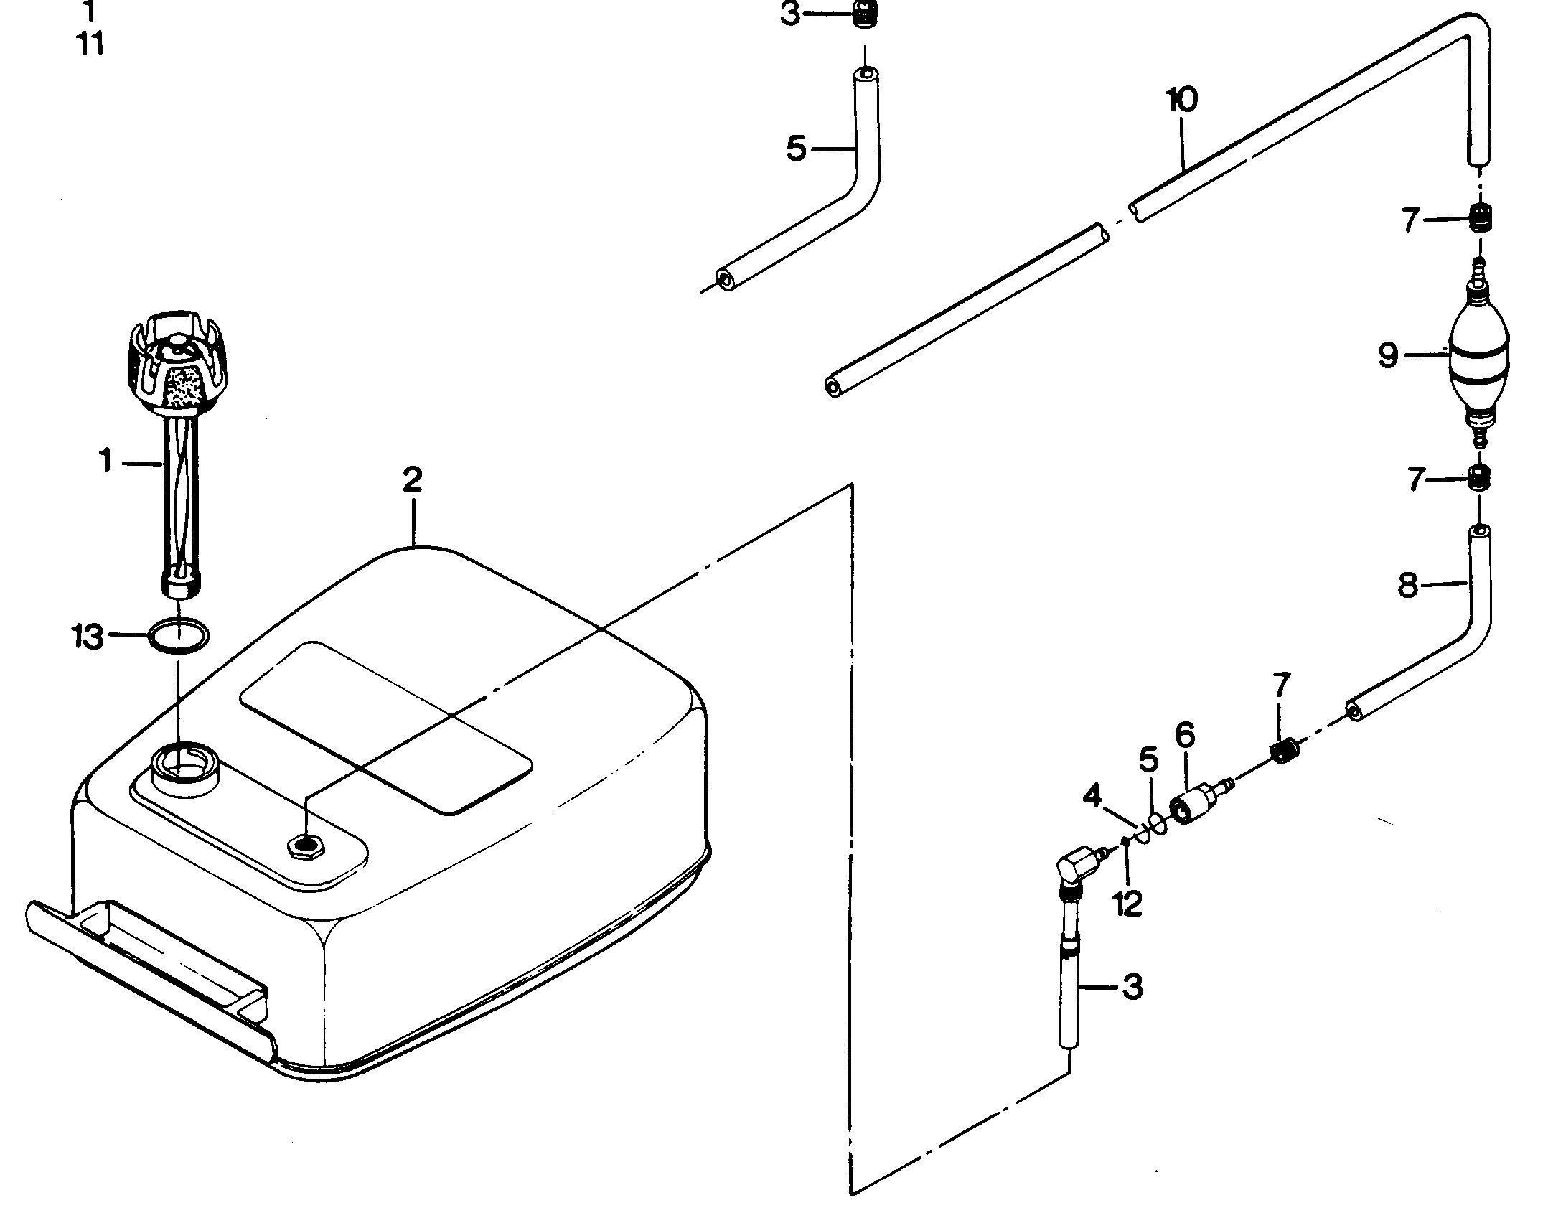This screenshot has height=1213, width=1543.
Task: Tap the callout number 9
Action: point(1388,356)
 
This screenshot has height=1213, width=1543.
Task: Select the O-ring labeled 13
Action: point(179,635)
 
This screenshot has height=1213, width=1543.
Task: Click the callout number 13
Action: point(88,637)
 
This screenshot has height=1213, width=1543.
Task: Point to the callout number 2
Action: point(413,480)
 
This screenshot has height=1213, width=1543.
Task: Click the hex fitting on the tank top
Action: point(305,846)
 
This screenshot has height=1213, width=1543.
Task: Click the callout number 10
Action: point(1182,100)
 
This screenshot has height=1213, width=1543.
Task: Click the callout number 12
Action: point(1128,904)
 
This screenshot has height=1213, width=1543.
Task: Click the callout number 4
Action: point(1092,796)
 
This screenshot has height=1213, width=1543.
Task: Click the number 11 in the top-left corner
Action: point(89,45)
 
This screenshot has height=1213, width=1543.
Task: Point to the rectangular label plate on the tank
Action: point(386,726)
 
